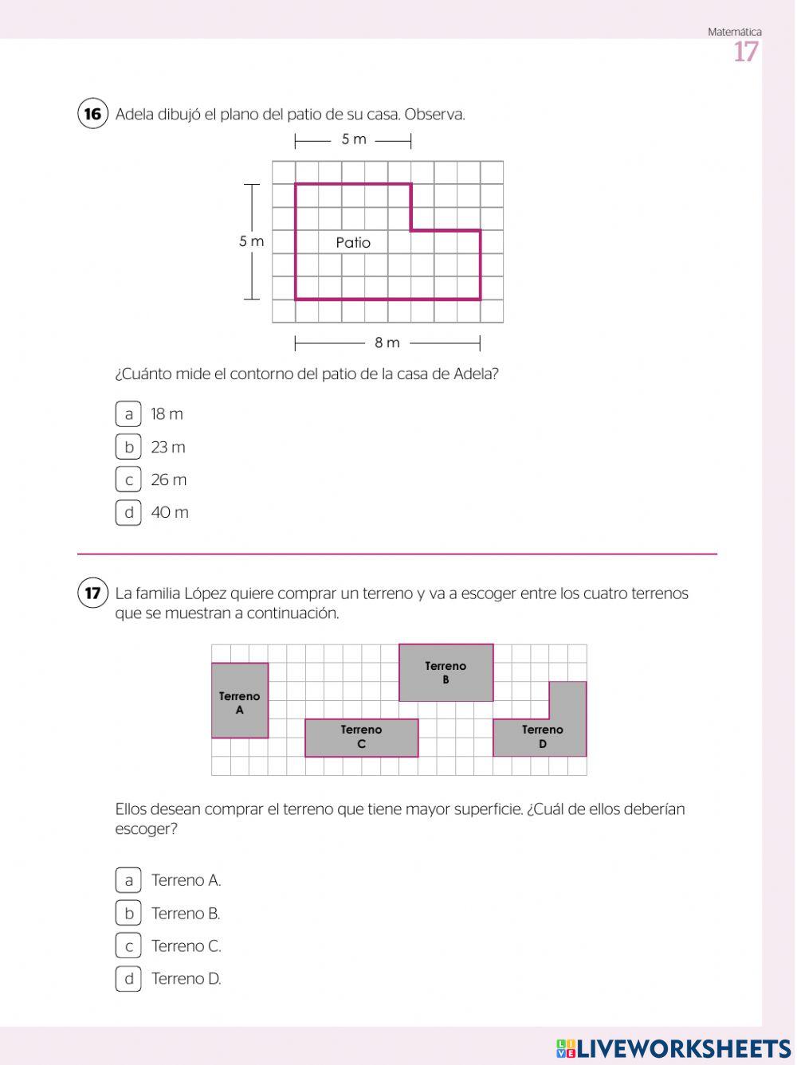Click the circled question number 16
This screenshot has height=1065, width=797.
(x=92, y=114)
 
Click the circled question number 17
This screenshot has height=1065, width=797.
(x=92, y=593)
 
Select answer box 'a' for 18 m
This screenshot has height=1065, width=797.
(x=128, y=414)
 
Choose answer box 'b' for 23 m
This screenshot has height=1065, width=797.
(x=128, y=447)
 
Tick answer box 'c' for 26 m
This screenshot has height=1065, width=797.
(x=128, y=480)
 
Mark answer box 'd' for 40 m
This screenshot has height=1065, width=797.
(x=128, y=512)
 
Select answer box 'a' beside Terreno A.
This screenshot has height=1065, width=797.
(x=128, y=880)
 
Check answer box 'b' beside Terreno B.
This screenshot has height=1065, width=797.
(x=128, y=913)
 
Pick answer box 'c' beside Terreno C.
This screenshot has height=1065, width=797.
(x=128, y=946)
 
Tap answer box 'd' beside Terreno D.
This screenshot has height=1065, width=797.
(x=128, y=978)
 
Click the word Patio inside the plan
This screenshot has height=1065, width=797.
(x=353, y=242)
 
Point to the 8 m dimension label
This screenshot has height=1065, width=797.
(x=387, y=343)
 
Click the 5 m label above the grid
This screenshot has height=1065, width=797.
(x=354, y=139)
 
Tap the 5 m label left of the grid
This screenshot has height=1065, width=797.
(x=251, y=241)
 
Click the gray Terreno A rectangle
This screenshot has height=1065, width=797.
(x=240, y=701)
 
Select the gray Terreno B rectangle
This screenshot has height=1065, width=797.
(x=446, y=672)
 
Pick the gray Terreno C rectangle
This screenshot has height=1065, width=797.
(x=361, y=738)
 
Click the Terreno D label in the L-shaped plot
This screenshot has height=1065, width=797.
(x=542, y=737)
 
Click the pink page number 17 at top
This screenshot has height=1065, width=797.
(x=746, y=53)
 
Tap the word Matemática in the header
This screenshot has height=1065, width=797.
(x=734, y=32)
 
